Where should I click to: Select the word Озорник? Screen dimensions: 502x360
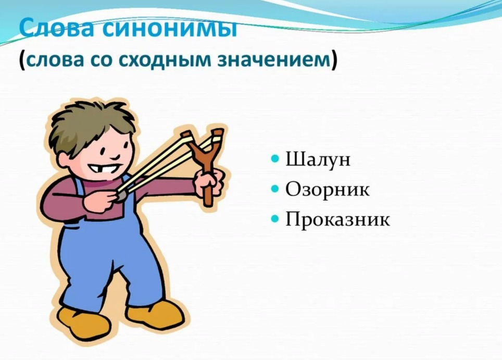327,189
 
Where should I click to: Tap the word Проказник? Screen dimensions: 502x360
338,219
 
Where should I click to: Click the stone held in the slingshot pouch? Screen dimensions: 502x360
121,195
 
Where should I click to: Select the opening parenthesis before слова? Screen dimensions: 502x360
22,60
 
